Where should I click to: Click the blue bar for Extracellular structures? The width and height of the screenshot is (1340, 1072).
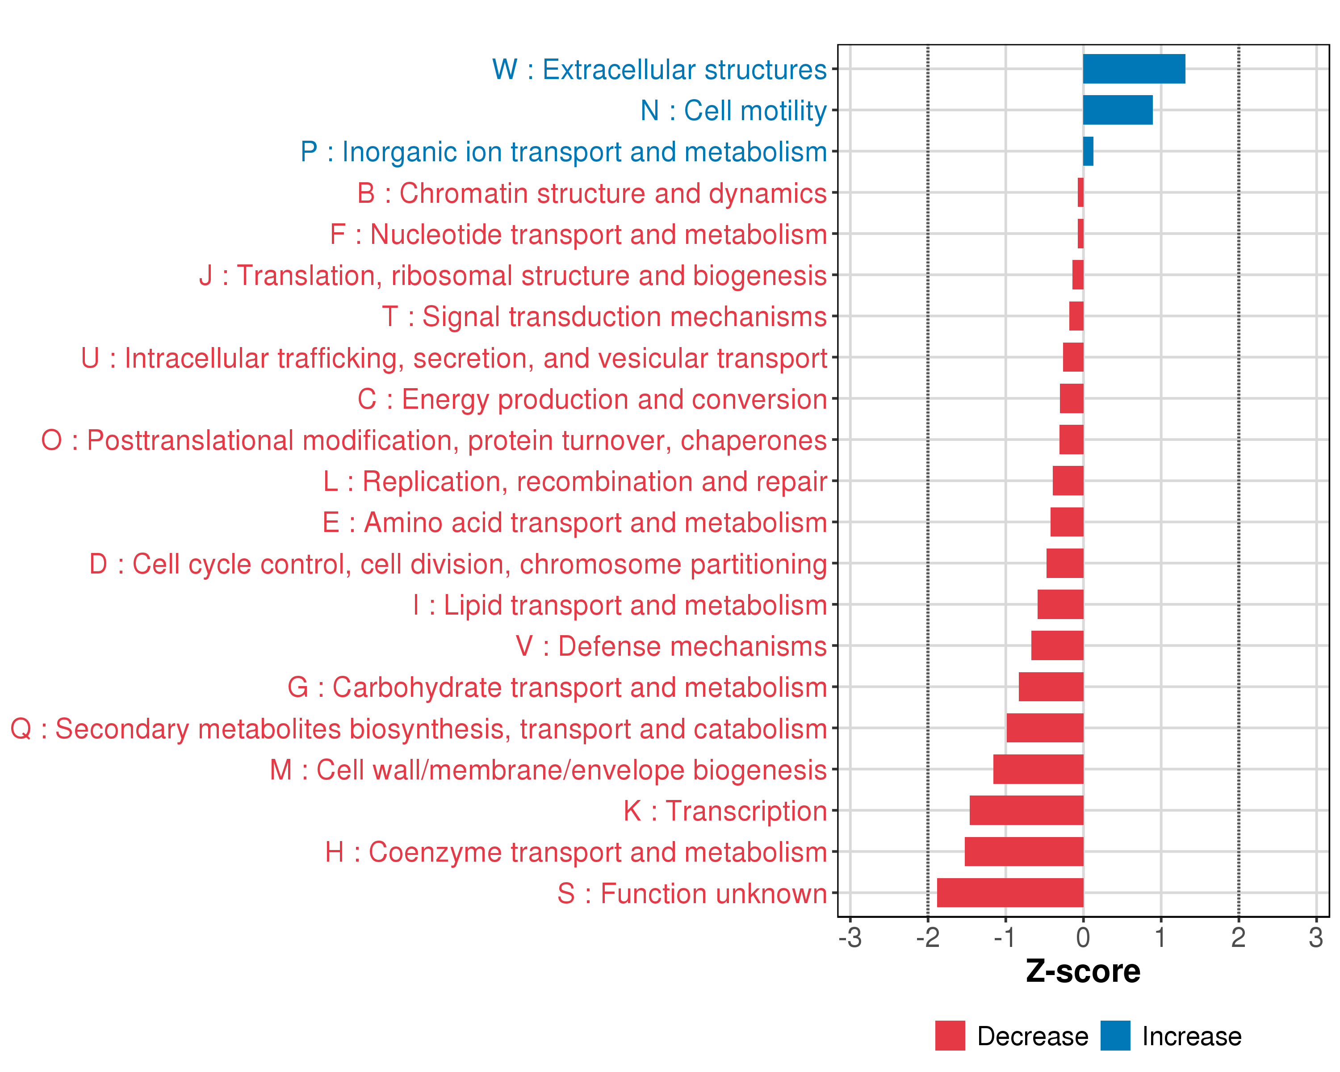coord(1133,69)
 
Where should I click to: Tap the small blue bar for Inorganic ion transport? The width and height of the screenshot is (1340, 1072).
coord(1088,151)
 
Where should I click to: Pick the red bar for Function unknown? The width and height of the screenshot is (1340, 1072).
coord(1009,893)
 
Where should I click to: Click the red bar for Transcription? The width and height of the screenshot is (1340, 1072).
coord(1026,810)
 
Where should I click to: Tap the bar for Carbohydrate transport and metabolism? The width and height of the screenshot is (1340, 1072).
coord(1051,687)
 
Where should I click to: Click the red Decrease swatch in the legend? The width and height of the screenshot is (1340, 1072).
coord(950,1036)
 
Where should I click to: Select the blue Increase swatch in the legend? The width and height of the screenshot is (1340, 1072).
coord(1115,1036)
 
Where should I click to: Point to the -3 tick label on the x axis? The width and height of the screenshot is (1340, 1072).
coord(850,938)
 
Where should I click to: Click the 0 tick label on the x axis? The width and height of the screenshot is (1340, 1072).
coord(1083,938)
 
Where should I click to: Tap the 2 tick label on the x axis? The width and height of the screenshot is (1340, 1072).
coord(1238,938)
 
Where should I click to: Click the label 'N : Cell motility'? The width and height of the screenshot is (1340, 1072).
coord(733,111)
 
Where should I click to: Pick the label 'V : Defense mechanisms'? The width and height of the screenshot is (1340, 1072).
coord(671,646)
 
